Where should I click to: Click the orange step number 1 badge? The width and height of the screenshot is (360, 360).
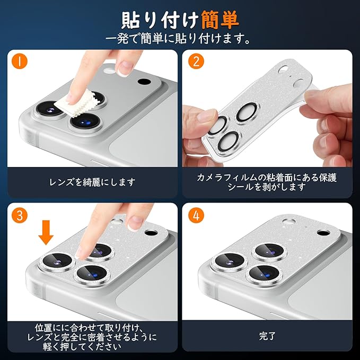pyautogui.click(x=20, y=61)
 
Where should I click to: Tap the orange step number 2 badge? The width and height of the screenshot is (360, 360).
pyautogui.click(x=196, y=61)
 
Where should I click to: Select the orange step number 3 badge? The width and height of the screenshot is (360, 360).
pyautogui.click(x=20, y=215)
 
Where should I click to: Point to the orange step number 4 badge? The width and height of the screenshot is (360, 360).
pyautogui.click(x=196, y=215)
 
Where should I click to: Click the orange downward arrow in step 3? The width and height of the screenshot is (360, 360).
pyautogui.click(x=46, y=232)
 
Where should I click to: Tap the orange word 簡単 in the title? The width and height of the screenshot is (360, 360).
pyautogui.click(x=220, y=20)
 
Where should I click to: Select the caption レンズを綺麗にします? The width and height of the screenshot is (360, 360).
pyautogui.click(x=92, y=182)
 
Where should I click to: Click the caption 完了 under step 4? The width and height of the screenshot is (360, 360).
pyautogui.click(x=267, y=336)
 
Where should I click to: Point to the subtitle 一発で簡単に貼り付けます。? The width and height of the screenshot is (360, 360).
pyautogui.click(x=178, y=38)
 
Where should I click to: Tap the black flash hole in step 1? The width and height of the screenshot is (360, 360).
pyautogui.click(x=144, y=82)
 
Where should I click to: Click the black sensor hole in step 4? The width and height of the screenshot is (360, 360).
pyautogui.click(x=323, y=233)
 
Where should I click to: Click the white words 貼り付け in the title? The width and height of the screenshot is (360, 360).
pyautogui.click(x=160, y=20)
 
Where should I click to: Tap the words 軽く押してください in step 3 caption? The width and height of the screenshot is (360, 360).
pyautogui.click(x=82, y=347)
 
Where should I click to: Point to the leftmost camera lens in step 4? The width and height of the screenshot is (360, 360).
pyautogui.click(x=229, y=261)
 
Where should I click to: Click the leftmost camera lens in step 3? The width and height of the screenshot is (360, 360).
pyautogui.click(x=57, y=261)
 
